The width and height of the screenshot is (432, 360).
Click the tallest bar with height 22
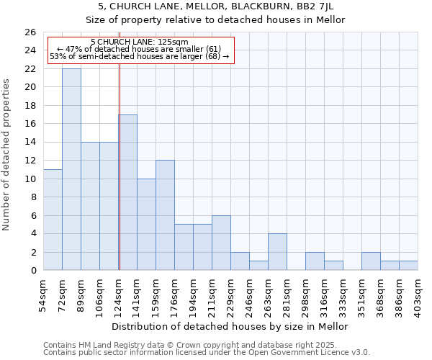[x=71, y=169]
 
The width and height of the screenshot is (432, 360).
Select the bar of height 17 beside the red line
[x=127, y=192]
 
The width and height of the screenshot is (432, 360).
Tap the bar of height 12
[x=165, y=215]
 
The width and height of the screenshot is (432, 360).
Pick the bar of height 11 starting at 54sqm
[x=53, y=220]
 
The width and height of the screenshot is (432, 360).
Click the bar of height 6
[x=221, y=243]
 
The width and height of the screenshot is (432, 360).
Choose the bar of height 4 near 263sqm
[x=277, y=252]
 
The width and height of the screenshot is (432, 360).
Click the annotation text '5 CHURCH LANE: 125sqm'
[x=140, y=42]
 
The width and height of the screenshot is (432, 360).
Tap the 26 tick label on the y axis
[x=30, y=32]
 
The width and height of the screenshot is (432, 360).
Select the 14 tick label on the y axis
[x=30, y=143]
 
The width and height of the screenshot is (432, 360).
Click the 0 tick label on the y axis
[x=32, y=271]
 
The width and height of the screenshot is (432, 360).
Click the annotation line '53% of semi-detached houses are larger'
[x=139, y=56]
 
